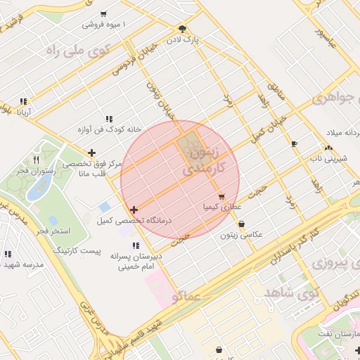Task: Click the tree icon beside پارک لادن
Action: tap(183, 29)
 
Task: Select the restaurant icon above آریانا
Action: tap(23, 101)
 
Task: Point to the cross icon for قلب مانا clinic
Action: tap(91, 153)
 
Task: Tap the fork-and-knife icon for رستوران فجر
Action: tap(46, 159)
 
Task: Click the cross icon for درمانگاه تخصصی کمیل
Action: tap(134, 210)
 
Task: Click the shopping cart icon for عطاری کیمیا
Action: tap(221, 197)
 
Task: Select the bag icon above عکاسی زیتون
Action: tap(242, 224)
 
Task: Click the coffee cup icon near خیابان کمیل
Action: tap(294, 143)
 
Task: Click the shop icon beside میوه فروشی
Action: tap(103, 14)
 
